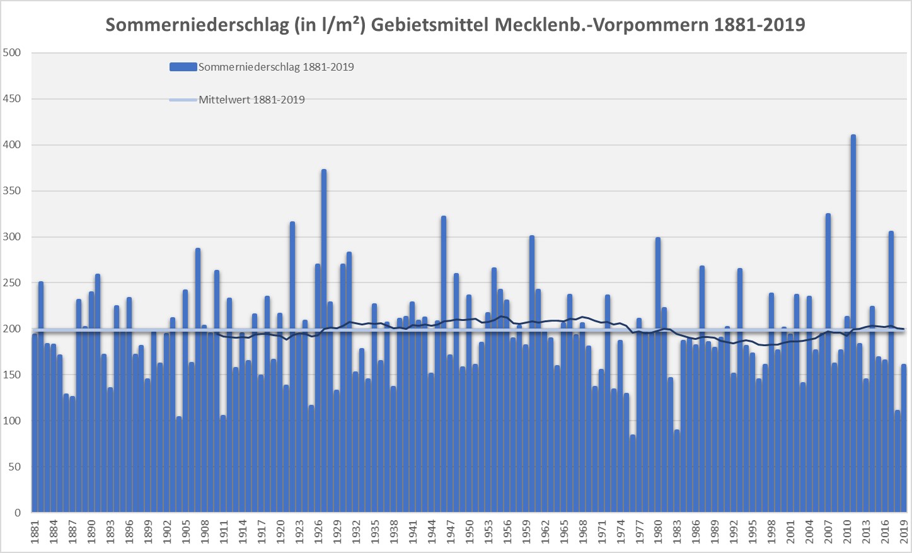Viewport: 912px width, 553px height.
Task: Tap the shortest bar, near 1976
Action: [x=633, y=473]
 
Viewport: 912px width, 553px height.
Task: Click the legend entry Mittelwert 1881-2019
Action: [x=251, y=100]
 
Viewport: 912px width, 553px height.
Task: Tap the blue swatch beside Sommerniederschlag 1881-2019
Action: [x=183, y=67]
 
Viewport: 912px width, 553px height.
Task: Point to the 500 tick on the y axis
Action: [x=12, y=53]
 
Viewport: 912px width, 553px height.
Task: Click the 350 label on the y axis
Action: [x=12, y=191]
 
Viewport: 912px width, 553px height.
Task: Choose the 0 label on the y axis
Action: [x=18, y=513]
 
